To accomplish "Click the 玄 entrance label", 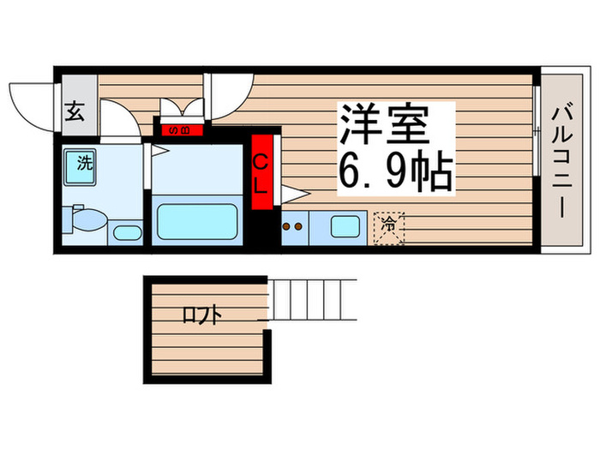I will (75, 113).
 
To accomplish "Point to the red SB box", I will (182, 130).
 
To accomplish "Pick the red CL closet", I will (265, 174).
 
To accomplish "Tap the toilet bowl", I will (86, 223).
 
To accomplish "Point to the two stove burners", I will (293, 229).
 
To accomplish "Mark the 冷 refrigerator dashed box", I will (388, 228).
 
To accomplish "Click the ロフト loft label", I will (201, 315).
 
